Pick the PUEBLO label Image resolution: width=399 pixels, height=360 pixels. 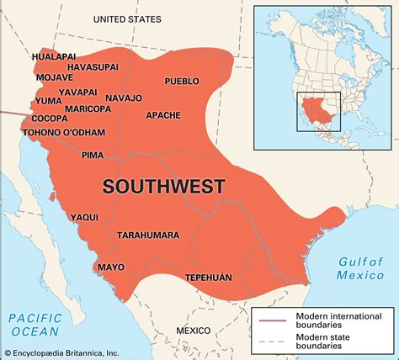click(x=182, y=81)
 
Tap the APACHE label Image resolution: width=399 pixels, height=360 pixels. click(x=163, y=115)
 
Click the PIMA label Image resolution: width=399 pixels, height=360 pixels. click(x=93, y=155)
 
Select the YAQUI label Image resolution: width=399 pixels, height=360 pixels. click(x=82, y=217)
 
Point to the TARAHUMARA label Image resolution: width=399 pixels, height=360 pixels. click(x=151, y=235)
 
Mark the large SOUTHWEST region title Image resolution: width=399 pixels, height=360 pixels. click(x=163, y=186)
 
